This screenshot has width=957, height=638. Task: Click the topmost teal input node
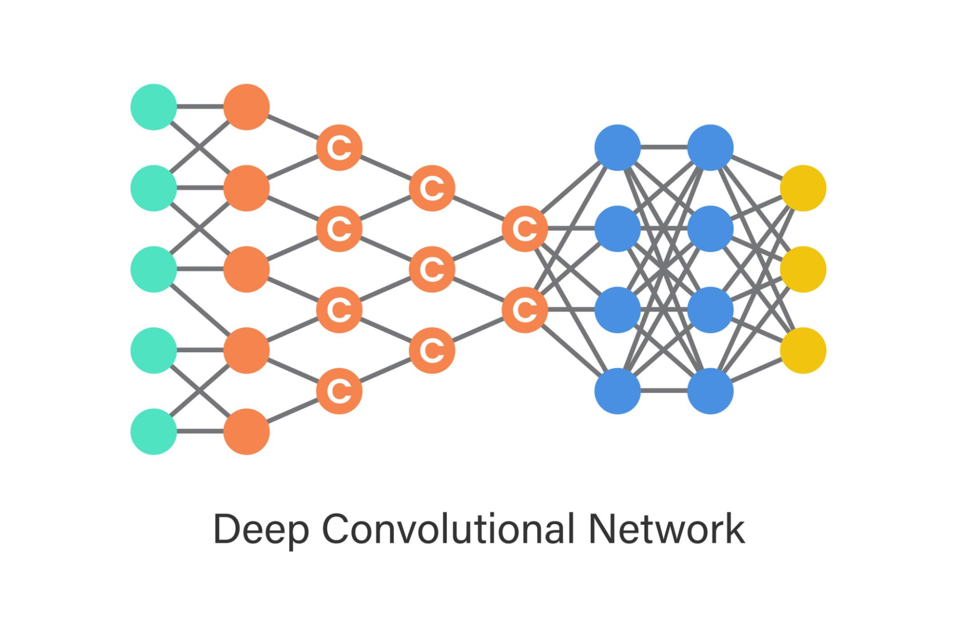coord(154,107)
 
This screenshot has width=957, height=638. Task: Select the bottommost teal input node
coord(154,431)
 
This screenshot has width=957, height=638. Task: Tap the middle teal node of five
coord(154,269)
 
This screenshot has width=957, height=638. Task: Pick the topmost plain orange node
coord(247,107)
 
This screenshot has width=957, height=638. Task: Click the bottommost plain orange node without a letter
coord(247,431)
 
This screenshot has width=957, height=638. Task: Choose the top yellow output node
coord(803,188)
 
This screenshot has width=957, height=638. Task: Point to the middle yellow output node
coord(803,269)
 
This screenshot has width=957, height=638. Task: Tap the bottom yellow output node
coord(803,350)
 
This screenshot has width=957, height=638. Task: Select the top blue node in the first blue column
coord(618,147)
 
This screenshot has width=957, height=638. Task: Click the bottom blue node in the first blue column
coord(618,391)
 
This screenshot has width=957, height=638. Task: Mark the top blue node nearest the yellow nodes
coord(710,147)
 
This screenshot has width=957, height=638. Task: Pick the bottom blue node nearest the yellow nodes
coord(710,391)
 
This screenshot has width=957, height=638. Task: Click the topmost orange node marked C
coord(339,147)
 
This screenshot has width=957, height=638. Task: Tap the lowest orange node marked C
coord(339,391)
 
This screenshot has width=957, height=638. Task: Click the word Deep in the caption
coord(261,529)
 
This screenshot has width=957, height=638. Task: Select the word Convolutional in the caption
coord(448,528)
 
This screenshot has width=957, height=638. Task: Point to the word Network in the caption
coord(666,528)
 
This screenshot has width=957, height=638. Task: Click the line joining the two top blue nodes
coord(664,147)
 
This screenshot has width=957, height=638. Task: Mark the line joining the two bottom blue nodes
coord(664,391)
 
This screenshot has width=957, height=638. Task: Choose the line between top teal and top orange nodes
coord(200,106)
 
